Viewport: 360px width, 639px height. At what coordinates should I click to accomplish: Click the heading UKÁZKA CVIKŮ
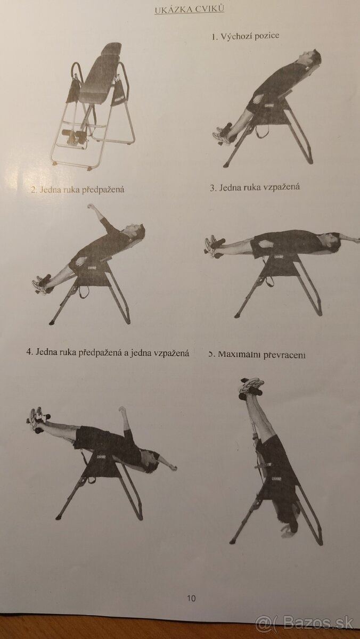(x=189, y=10)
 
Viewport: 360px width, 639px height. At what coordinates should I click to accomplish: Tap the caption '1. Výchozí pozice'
(x=246, y=36)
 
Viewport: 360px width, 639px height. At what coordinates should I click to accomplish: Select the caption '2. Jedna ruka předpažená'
(x=77, y=189)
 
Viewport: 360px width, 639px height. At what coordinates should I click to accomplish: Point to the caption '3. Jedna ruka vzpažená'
(x=255, y=187)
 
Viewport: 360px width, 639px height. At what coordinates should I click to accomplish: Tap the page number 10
(x=191, y=598)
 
